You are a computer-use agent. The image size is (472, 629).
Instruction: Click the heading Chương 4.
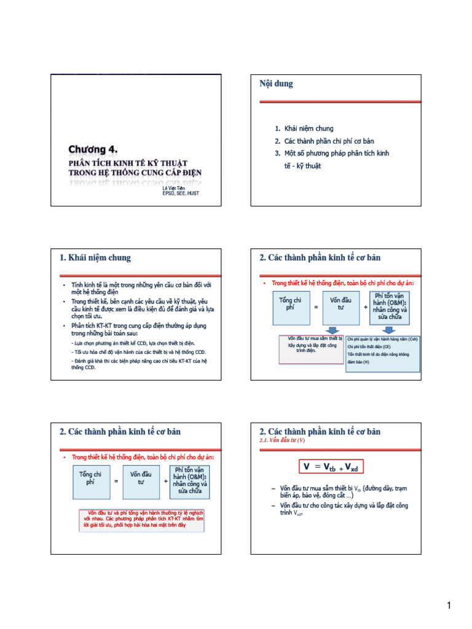(93, 149)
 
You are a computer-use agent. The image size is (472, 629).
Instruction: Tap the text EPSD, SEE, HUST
(181, 193)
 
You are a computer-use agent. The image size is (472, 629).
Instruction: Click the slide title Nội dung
(277, 84)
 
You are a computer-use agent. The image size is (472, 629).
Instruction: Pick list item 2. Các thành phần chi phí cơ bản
(324, 141)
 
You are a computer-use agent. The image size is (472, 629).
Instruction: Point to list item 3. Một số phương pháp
(332, 153)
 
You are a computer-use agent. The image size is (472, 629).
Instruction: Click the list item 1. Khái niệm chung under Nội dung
(304, 128)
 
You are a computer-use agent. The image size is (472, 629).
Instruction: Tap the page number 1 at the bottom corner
(449, 606)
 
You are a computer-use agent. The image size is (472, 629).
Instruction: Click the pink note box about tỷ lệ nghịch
(143, 519)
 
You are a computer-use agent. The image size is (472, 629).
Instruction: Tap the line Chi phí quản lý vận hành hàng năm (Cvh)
(382, 338)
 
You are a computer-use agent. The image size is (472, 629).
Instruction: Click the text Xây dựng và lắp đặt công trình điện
(312, 348)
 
